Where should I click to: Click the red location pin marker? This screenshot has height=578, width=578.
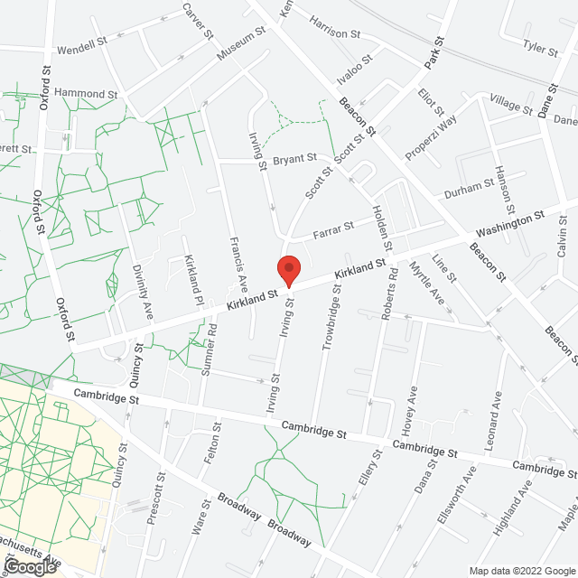point(288,270)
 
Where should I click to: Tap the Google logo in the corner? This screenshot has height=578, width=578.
point(29,566)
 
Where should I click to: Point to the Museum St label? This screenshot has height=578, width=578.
point(240,44)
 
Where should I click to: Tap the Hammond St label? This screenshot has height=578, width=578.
point(86,93)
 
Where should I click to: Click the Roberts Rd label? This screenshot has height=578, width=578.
point(389,294)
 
